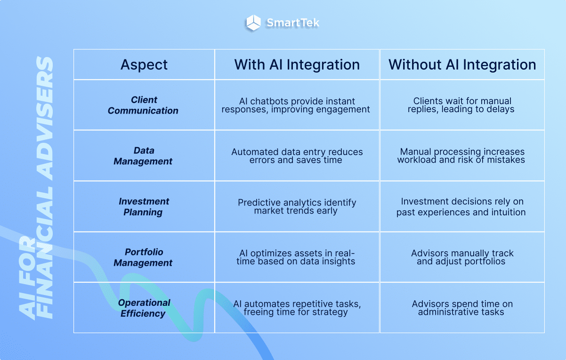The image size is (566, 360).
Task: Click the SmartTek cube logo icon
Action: [x=253, y=23]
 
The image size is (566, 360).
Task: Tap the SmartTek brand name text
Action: [x=293, y=23]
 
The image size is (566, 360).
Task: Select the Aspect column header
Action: [x=144, y=65]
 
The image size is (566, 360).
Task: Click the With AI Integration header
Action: [x=297, y=65]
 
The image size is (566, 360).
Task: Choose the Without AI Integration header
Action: [x=462, y=65]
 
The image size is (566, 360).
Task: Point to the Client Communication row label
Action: [x=144, y=105]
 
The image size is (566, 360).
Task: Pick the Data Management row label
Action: [x=144, y=156]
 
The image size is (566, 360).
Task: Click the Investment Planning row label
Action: [x=144, y=207]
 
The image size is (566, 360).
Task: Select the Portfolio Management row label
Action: [x=144, y=257]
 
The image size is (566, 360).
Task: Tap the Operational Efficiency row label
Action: [x=144, y=308]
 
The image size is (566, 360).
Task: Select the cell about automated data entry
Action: [x=297, y=156]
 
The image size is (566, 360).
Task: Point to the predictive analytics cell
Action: [x=297, y=207]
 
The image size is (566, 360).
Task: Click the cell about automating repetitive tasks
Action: [x=297, y=308]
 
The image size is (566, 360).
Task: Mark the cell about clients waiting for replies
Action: [x=462, y=105]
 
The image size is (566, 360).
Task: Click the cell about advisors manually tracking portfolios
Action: [x=462, y=257]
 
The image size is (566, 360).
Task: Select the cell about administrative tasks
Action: [x=462, y=308]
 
